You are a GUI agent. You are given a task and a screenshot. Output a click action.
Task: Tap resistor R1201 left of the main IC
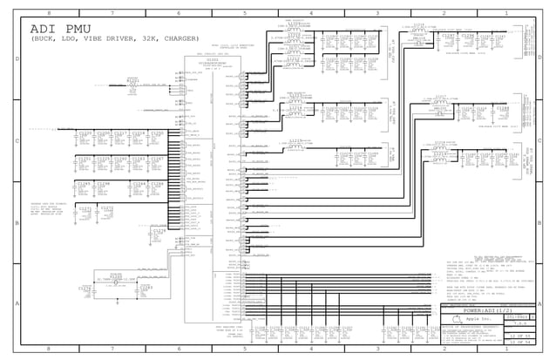click(x=132, y=84)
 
